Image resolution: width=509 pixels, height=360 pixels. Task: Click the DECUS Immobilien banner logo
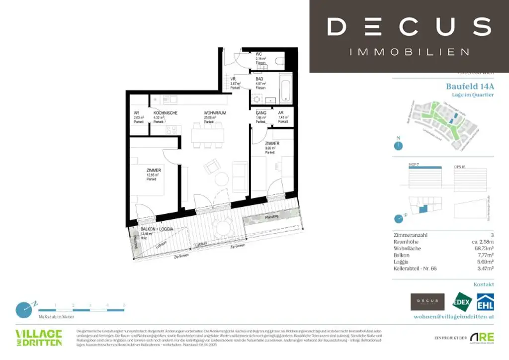coord(409,36)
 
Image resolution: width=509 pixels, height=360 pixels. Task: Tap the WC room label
coord(259,54)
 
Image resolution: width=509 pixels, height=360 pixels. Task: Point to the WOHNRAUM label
coord(215,113)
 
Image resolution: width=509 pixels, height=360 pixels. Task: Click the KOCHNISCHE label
coord(166,113)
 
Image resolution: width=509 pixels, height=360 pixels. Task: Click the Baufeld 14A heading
coord(470,86)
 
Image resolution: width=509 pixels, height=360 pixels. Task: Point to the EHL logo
coord(485,302)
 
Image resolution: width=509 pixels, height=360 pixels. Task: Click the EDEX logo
coord(461,302)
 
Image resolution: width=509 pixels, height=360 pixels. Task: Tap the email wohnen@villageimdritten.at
coord(453,316)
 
